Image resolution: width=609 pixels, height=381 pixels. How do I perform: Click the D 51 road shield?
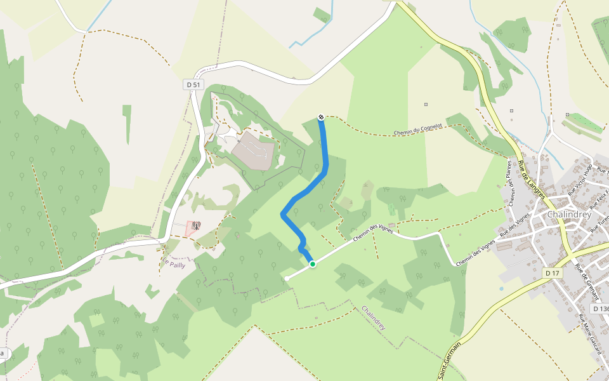click(192, 84)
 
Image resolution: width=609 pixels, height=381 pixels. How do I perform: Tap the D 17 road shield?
click(553, 272)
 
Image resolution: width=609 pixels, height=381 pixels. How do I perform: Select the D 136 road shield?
click(599, 308)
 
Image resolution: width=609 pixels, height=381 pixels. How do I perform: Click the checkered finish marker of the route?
click(321, 117)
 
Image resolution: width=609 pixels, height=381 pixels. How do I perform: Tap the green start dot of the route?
click(312, 264)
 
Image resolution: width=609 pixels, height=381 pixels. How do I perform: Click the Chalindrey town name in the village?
click(568, 215)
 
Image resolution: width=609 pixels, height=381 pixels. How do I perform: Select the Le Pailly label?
click(174, 265)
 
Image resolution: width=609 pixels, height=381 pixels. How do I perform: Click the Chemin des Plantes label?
click(509, 182)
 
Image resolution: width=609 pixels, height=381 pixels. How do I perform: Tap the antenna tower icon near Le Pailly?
click(196, 225)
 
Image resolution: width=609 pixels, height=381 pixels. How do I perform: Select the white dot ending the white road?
click(287, 278)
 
